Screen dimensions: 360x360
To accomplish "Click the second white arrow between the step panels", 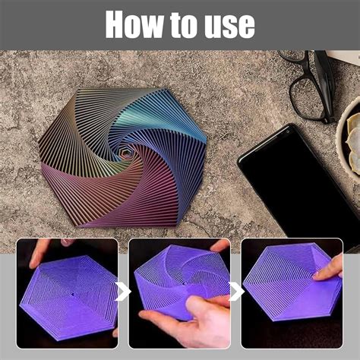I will click(236, 292).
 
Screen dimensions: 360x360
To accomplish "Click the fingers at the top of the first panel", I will click(42, 248).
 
